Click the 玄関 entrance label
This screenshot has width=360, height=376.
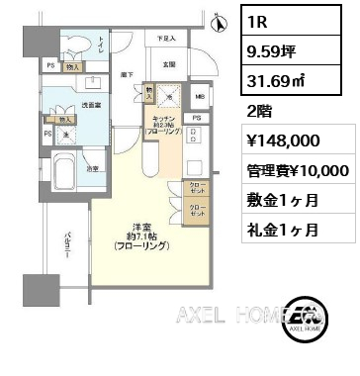coord(169,65)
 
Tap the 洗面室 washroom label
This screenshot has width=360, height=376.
coord(92,103)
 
